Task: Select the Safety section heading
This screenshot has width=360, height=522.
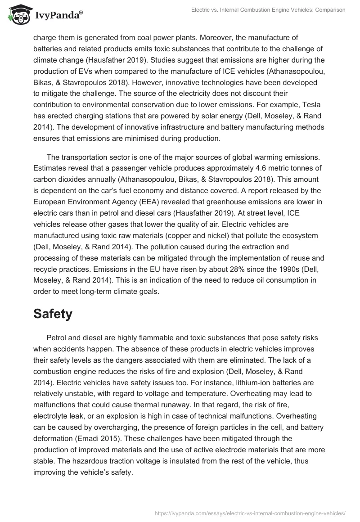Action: [53, 314]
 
